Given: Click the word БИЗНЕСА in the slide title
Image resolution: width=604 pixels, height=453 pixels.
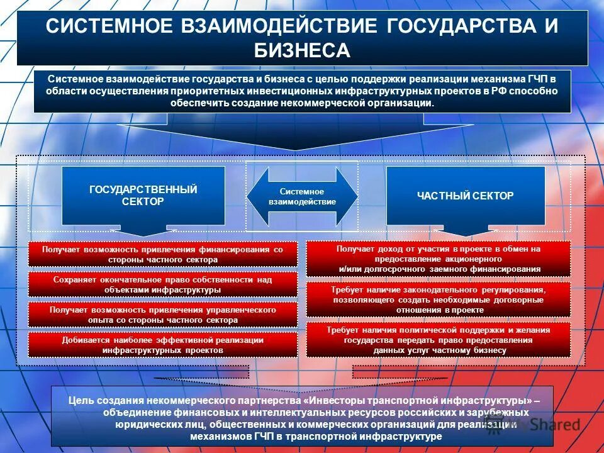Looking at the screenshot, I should click(302, 50).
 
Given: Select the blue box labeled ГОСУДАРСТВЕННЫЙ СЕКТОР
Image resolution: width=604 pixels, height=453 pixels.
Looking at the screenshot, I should click(143, 196).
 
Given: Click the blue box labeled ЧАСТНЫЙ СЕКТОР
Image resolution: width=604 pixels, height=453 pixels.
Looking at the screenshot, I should click(466, 196).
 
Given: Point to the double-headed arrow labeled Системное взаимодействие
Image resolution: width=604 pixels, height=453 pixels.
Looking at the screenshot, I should click(302, 196).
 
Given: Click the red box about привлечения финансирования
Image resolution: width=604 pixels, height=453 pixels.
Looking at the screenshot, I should click(162, 255).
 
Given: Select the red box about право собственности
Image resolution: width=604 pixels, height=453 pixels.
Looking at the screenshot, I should click(162, 284).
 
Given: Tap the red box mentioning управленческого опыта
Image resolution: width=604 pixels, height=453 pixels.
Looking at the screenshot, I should click(162, 315).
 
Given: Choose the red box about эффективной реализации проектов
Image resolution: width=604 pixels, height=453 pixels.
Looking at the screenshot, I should click(162, 345).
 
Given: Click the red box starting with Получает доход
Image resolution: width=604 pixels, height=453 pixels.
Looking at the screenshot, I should click(439, 259).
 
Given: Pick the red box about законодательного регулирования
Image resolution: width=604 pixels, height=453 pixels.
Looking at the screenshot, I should click(439, 299).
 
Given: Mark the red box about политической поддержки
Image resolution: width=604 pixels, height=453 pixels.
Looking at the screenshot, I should click(439, 340).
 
